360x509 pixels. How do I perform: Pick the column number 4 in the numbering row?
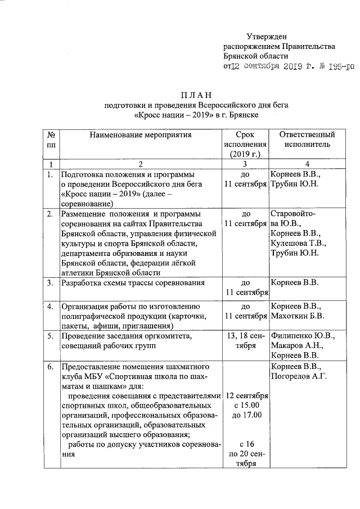[x=303, y=164]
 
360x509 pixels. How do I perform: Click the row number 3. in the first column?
[x=51, y=282]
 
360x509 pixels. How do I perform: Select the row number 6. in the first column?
[x=51, y=367]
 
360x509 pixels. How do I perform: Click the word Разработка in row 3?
[x=82, y=282]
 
